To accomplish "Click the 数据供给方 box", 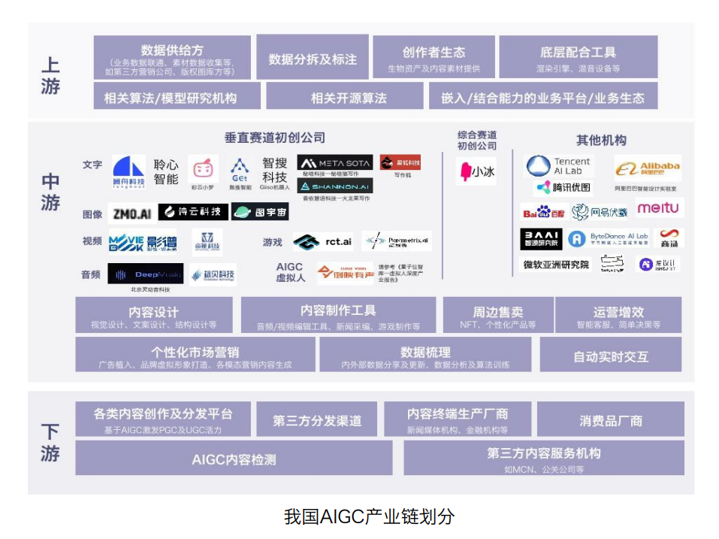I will click(x=172, y=56).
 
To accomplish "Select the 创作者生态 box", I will click(x=434, y=57).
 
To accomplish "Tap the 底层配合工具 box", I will click(x=578, y=57).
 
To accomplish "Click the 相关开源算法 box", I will click(x=349, y=97).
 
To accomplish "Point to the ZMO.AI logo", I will click(x=131, y=213).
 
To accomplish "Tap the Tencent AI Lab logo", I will click(x=559, y=166).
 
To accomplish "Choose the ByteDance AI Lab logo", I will click(x=608, y=238).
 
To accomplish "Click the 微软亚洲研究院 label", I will click(x=556, y=265).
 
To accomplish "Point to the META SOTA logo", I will click(x=334, y=162).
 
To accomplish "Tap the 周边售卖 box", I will click(x=497, y=315).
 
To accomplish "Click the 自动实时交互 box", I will click(x=610, y=354).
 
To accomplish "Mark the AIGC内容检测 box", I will click(x=234, y=458).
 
